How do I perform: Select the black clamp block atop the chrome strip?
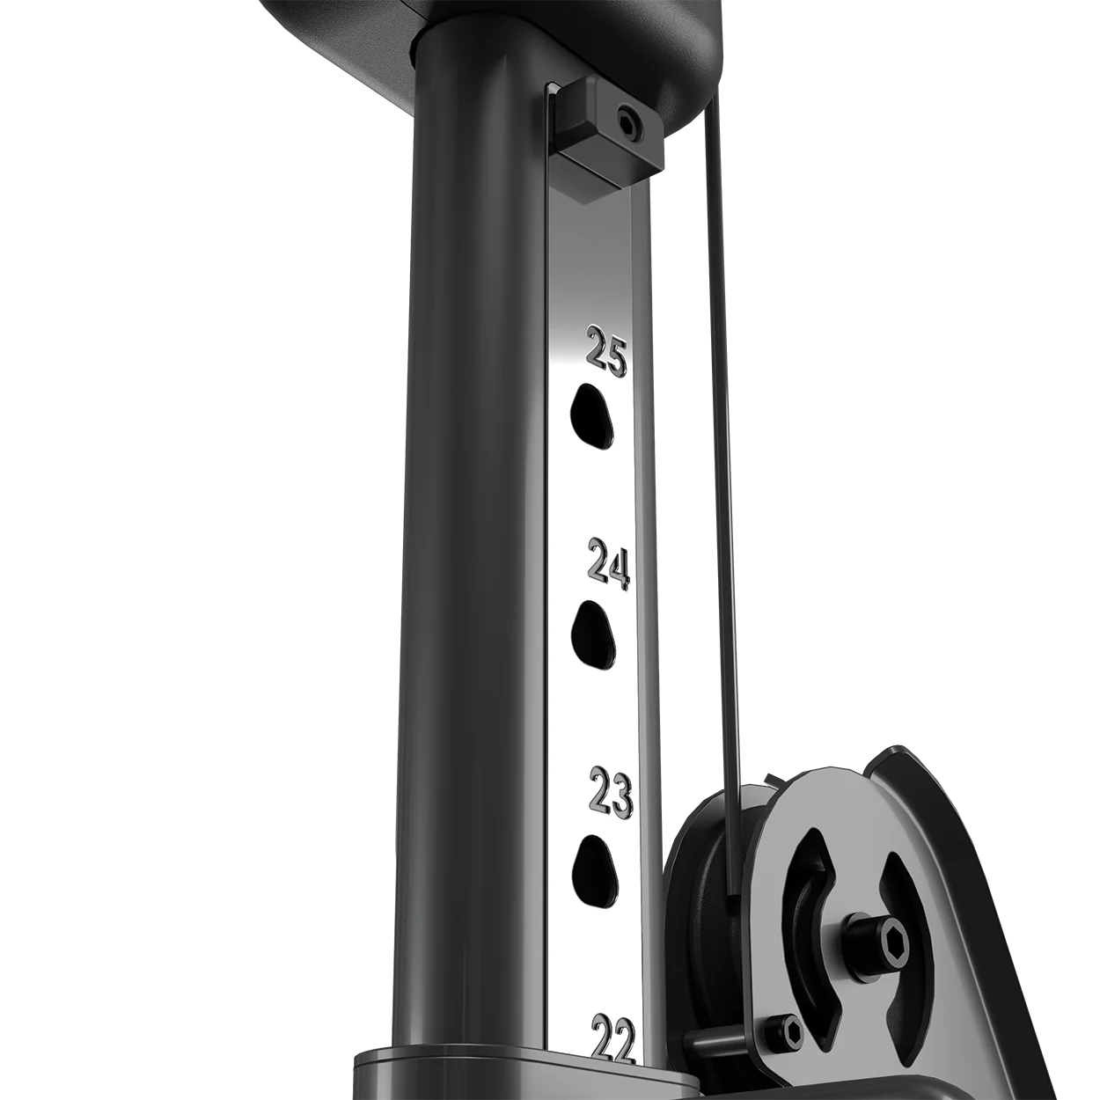[598, 141]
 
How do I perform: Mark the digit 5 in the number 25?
[615, 356]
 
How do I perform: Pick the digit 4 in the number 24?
[620, 569]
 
